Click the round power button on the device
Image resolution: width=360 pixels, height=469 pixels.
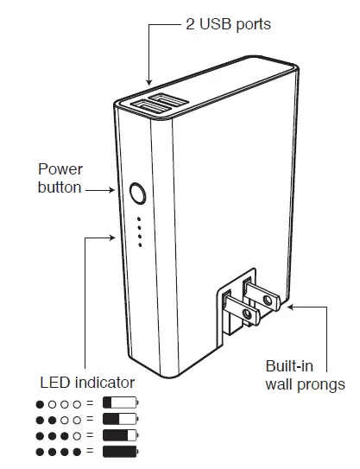click(x=137, y=192)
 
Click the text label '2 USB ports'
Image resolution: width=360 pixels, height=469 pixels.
click(x=228, y=24)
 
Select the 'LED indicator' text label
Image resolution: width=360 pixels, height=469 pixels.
click(x=87, y=381)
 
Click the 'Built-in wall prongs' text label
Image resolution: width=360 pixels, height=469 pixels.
click(x=305, y=376)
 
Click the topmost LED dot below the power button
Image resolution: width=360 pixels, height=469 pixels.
click(x=139, y=219)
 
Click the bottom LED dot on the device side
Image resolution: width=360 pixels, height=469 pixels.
click(x=139, y=245)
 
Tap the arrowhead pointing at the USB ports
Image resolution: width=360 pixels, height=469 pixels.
click(x=149, y=84)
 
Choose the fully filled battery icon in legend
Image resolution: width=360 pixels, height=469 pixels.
click(x=119, y=452)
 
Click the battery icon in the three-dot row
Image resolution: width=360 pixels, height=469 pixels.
click(x=119, y=435)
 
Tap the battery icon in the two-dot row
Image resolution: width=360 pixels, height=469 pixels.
click(x=119, y=420)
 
